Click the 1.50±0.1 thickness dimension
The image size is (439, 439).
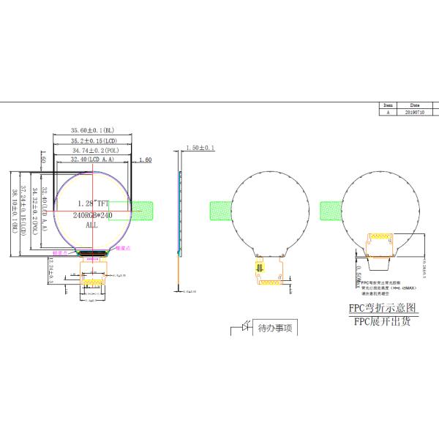pos(200,149)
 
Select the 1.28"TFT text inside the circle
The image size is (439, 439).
pos(92,203)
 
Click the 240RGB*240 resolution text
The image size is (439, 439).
pos(92,215)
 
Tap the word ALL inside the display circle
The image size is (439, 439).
pos(92,226)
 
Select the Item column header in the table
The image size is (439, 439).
pos(388,105)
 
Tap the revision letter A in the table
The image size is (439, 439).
pos(388,112)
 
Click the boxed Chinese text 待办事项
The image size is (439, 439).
pos(274,329)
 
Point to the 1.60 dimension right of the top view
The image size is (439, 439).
pos(144,160)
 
